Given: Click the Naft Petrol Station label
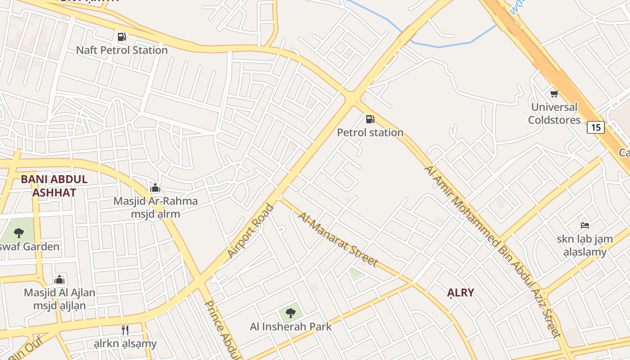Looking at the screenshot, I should coord(121,50).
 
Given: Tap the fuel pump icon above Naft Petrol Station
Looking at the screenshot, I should coord(121,36).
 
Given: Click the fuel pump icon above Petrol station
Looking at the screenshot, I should coord(370,119).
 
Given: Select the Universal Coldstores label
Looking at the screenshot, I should coord(554,113).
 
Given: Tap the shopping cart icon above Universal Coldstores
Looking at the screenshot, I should coord(554,94).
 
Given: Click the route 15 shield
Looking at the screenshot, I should coord(595,127).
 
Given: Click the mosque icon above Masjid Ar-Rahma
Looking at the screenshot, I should coord(155,188).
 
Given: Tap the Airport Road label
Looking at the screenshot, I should coord(250,231).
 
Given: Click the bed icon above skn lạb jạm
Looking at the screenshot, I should coord(585,225).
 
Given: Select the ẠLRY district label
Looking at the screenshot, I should coord(461,293).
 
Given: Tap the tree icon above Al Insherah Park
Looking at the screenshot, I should coord(291,312).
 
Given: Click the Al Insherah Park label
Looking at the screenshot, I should coord(291,327).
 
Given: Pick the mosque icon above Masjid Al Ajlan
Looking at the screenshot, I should coord(59,279).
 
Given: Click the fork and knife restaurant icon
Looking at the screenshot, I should coord(125,330).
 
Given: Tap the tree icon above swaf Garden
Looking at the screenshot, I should coord(18,233).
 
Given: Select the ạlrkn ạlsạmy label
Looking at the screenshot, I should coord(125,344).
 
